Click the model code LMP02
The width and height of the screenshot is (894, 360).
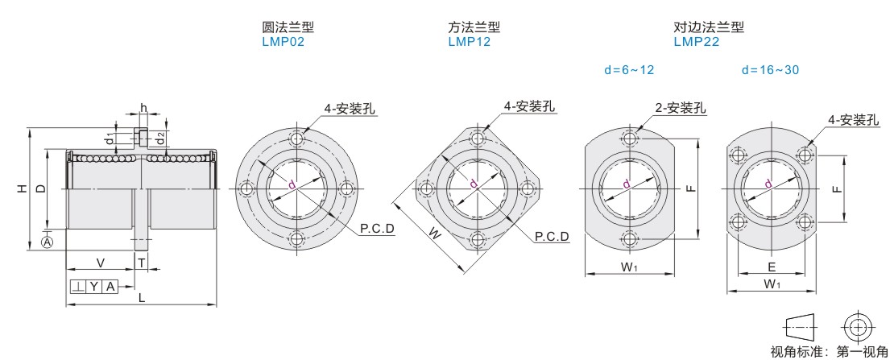point(283,42)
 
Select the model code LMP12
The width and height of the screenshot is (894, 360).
point(470,42)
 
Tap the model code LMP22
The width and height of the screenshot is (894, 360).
point(696,42)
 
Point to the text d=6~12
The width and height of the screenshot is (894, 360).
point(629,70)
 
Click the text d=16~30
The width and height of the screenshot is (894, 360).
point(770,70)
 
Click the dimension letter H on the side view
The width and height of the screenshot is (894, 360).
point(20,188)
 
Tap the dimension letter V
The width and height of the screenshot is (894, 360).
point(101,263)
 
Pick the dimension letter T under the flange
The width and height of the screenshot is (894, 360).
point(140,263)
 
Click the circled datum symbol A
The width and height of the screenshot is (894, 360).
point(48,242)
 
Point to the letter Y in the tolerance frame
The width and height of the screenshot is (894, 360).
point(93,287)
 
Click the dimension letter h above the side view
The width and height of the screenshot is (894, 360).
point(143,109)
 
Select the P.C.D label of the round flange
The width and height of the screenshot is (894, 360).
point(378,230)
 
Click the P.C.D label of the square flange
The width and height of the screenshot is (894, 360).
point(552,237)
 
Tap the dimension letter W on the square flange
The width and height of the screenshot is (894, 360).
point(434,232)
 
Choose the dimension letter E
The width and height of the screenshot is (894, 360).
point(772,267)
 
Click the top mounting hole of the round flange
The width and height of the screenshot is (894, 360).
point(296,139)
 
